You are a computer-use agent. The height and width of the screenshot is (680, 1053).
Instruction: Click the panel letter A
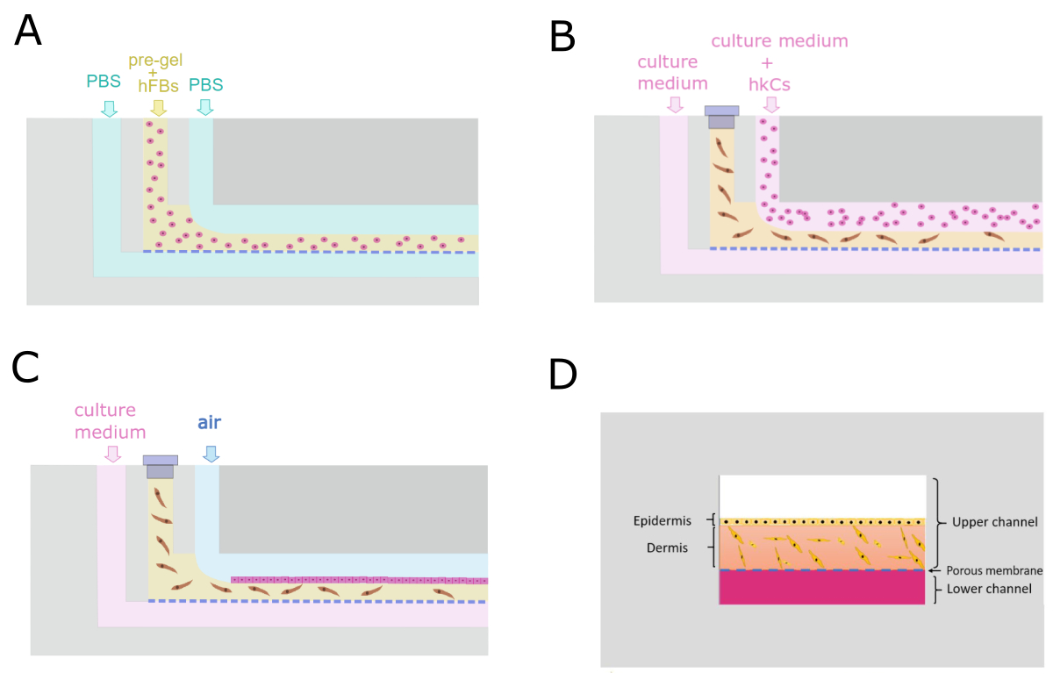pyautogui.click(x=28, y=32)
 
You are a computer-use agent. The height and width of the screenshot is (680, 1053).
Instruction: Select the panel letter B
pyautogui.click(x=562, y=37)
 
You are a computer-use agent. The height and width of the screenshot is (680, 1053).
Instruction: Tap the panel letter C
pyautogui.click(x=26, y=367)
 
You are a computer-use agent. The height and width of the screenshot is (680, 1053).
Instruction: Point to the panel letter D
pyautogui.click(x=562, y=375)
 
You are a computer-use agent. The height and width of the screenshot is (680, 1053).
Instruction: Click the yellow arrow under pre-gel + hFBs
pyautogui.click(x=158, y=108)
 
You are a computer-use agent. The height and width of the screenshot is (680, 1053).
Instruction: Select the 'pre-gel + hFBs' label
pyautogui.click(x=158, y=73)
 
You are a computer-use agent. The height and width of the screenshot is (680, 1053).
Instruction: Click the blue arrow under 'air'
pyautogui.click(x=210, y=453)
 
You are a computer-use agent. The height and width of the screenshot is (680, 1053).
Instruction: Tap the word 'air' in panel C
pyautogui.click(x=209, y=422)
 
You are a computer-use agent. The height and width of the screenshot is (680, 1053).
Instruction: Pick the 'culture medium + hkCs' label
pyautogui.click(x=779, y=63)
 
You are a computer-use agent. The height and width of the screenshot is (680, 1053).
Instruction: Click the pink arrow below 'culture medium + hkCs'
pyautogui.click(x=771, y=105)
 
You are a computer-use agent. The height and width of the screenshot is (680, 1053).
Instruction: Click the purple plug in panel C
pyautogui.click(x=160, y=466)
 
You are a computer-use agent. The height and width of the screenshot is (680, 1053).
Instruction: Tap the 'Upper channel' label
pyautogui.click(x=994, y=522)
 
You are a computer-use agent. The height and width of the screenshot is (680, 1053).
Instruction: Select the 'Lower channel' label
pyautogui.click(x=989, y=589)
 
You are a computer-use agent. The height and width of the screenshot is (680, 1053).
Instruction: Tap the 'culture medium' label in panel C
pyautogui.click(x=111, y=421)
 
